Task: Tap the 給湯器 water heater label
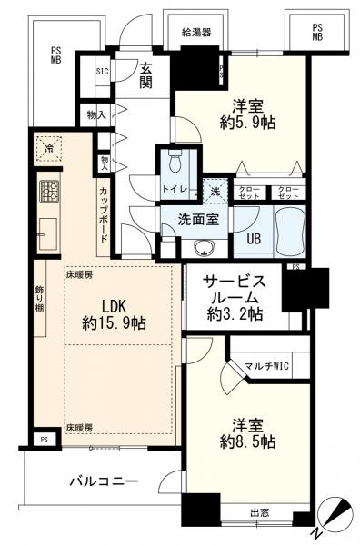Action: (x=195, y=32)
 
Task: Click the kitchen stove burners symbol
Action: (x=48, y=192)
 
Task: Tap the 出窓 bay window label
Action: (x=260, y=512)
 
